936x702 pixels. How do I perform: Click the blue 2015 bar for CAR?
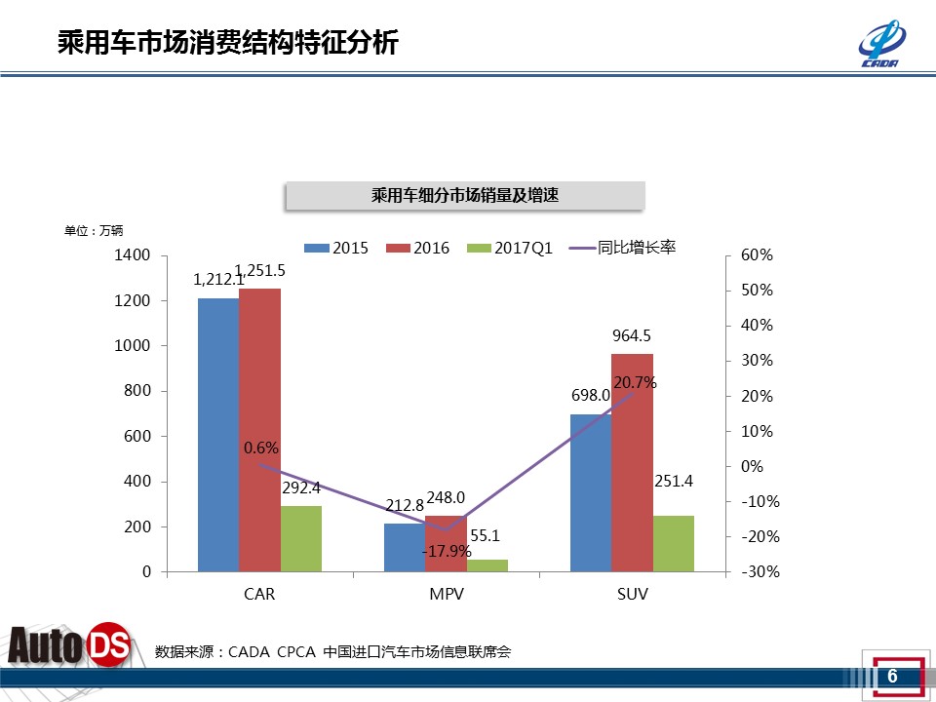[x=217, y=434]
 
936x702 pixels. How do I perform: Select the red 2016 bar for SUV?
[x=632, y=462]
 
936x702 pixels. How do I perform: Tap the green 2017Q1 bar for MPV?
[x=487, y=565]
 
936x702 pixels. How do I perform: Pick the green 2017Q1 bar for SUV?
[x=674, y=543]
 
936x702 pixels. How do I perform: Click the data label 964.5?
[x=632, y=335]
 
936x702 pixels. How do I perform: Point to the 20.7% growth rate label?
[x=635, y=383]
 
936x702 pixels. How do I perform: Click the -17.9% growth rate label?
[x=447, y=551]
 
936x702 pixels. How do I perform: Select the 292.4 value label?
[x=302, y=488]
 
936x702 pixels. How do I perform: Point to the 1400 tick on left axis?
[x=134, y=255]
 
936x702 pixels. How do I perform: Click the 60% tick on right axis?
[x=757, y=255]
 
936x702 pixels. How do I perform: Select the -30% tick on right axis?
[x=760, y=572]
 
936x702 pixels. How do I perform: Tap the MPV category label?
[x=446, y=594]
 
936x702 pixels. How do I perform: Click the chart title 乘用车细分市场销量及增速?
[x=464, y=196]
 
